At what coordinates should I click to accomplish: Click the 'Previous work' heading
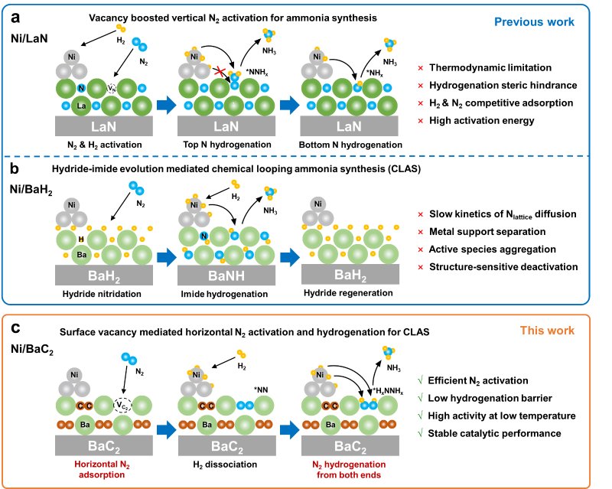point(534,21)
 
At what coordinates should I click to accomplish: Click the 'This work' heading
point(547,331)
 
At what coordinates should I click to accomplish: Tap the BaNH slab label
point(226,276)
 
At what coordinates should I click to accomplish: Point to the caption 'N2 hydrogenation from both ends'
point(350,469)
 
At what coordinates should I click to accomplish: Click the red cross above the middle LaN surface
point(220,72)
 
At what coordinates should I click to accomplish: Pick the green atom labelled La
point(81,106)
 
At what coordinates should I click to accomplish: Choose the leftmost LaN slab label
point(103,126)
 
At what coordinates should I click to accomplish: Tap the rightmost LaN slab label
point(349,126)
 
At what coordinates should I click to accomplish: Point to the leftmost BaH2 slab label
point(103,276)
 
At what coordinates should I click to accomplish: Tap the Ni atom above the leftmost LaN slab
point(72,57)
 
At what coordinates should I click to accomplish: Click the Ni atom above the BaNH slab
point(194,205)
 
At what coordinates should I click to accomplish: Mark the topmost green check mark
point(420,380)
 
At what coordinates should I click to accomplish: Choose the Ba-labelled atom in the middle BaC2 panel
point(205,425)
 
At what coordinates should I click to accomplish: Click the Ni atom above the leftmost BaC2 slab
point(73,375)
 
